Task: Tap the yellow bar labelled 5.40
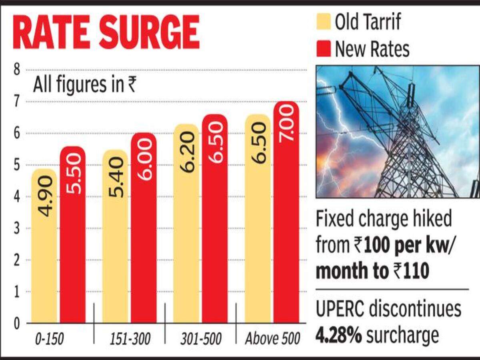pos(115,236)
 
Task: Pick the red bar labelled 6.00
pos(144,228)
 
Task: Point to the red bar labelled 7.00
pos(286,212)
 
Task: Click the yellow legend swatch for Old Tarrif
pos(323,22)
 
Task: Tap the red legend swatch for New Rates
pos(323,49)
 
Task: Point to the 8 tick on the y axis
pos(17,70)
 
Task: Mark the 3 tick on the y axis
pos(17,228)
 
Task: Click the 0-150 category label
pos(49,340)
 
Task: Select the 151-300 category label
pos(130,340)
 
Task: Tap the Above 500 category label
pos(272,340)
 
